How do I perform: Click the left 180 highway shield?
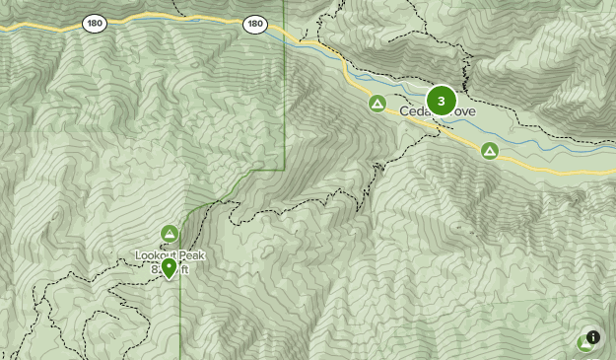click(95, 23)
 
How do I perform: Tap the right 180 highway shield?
click(255, 23)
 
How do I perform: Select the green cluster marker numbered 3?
click(441, 101)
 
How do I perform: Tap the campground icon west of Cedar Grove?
click(377, 103)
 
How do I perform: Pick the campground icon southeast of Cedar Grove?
click(489, 151)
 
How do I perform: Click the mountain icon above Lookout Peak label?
click(170, 234)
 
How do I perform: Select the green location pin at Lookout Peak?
click(170, 267)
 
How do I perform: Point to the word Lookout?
click(157, 256)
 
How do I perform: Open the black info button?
click(593, 337)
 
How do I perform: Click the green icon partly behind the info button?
click(582, 343)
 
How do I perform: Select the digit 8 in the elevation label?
click(156, 269)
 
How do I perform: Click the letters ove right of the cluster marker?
click(464, 112)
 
